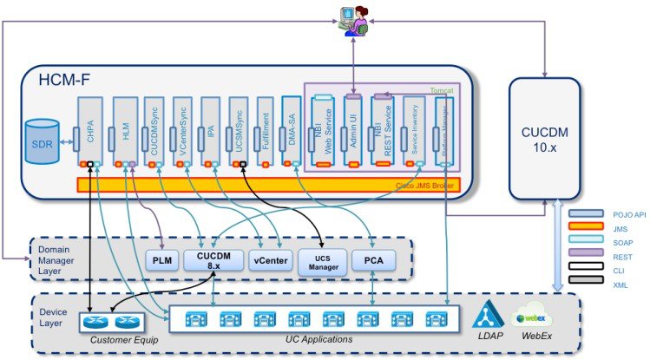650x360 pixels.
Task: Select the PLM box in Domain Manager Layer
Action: (161, 259)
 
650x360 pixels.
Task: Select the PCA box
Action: (371, 259)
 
